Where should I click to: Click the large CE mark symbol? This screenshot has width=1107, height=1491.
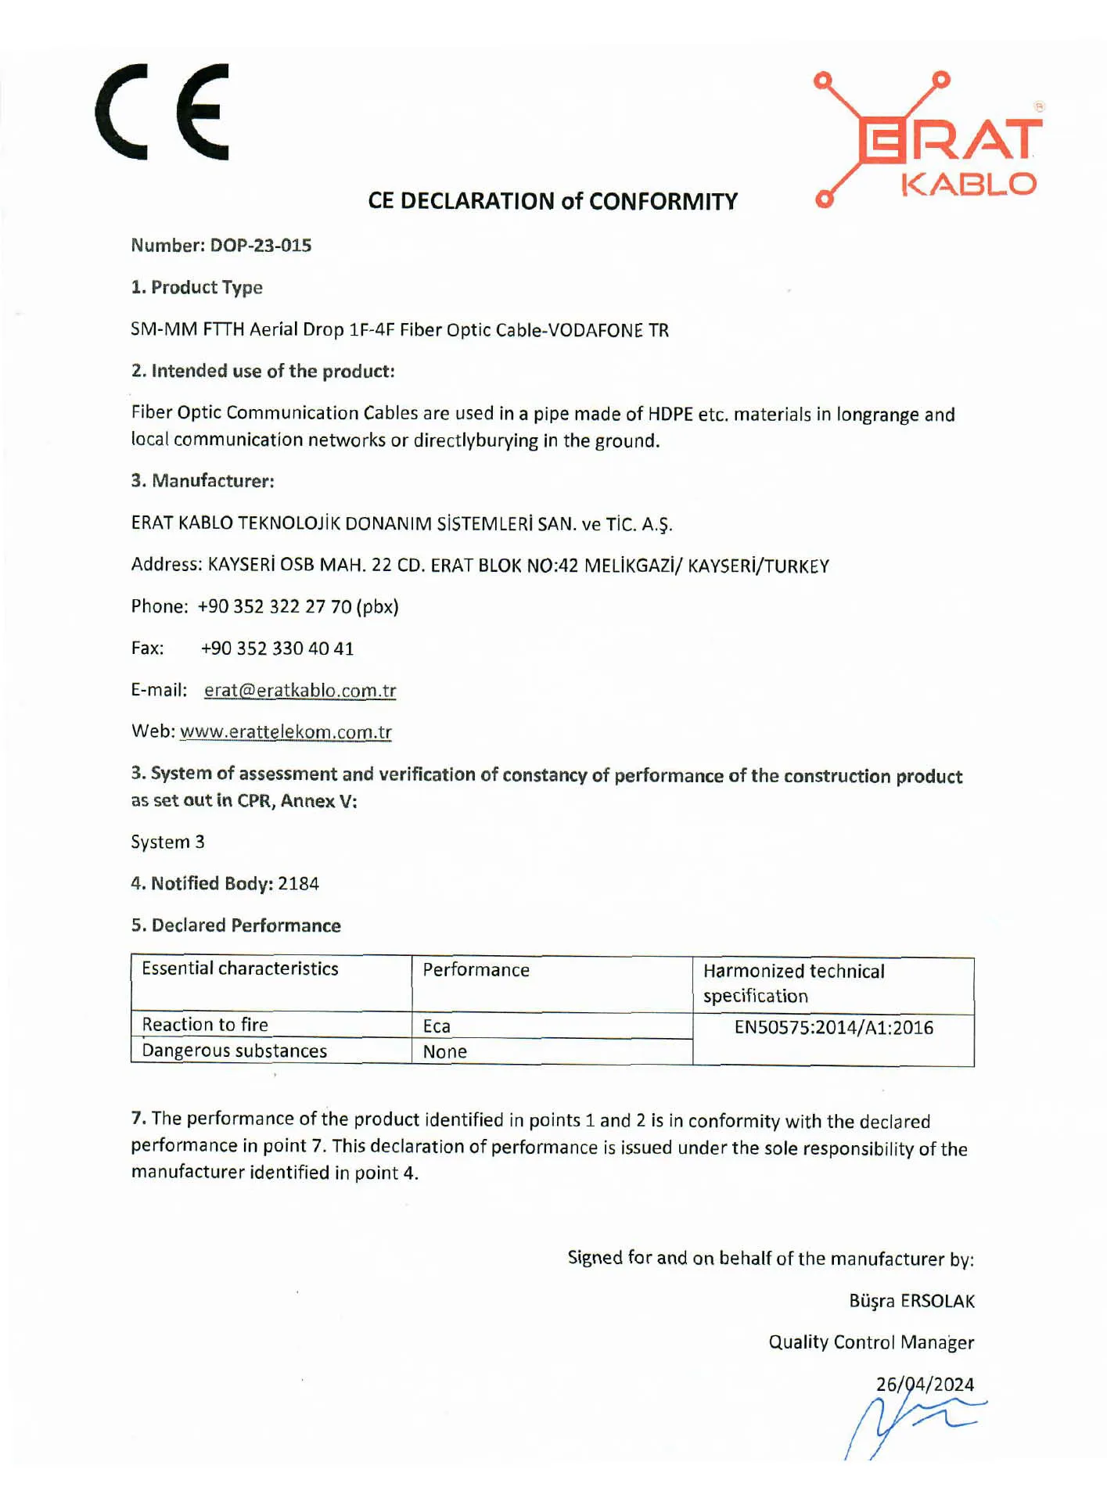coord(162,112)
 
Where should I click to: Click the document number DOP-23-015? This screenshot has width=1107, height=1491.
coord(261,246)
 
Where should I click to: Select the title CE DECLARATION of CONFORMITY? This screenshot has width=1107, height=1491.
coord(552,202)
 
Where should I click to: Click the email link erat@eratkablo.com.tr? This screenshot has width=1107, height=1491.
coord(300,690)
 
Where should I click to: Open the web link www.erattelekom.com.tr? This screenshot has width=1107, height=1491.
coord(286,731)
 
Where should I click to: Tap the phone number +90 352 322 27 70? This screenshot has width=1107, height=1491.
coord(275,607)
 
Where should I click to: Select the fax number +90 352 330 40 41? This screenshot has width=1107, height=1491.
coord(277,648)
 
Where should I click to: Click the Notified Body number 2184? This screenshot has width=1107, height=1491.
coord(299,884)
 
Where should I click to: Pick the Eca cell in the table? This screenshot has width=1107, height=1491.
coord(437,1026)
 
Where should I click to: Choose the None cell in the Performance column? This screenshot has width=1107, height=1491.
coord(444,1052)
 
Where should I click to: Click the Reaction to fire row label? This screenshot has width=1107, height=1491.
coord(205,1025)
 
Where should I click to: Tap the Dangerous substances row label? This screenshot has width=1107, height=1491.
coord(234,1051)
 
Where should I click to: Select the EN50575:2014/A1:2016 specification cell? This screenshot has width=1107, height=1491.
coord(833,1027)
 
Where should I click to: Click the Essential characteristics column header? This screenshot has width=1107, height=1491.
coord(239,968)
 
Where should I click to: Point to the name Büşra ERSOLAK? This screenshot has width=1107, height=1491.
coord(911,1301)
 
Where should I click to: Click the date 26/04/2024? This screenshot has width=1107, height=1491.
coord(925,1384)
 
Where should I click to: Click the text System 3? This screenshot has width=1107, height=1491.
coord(167,843)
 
